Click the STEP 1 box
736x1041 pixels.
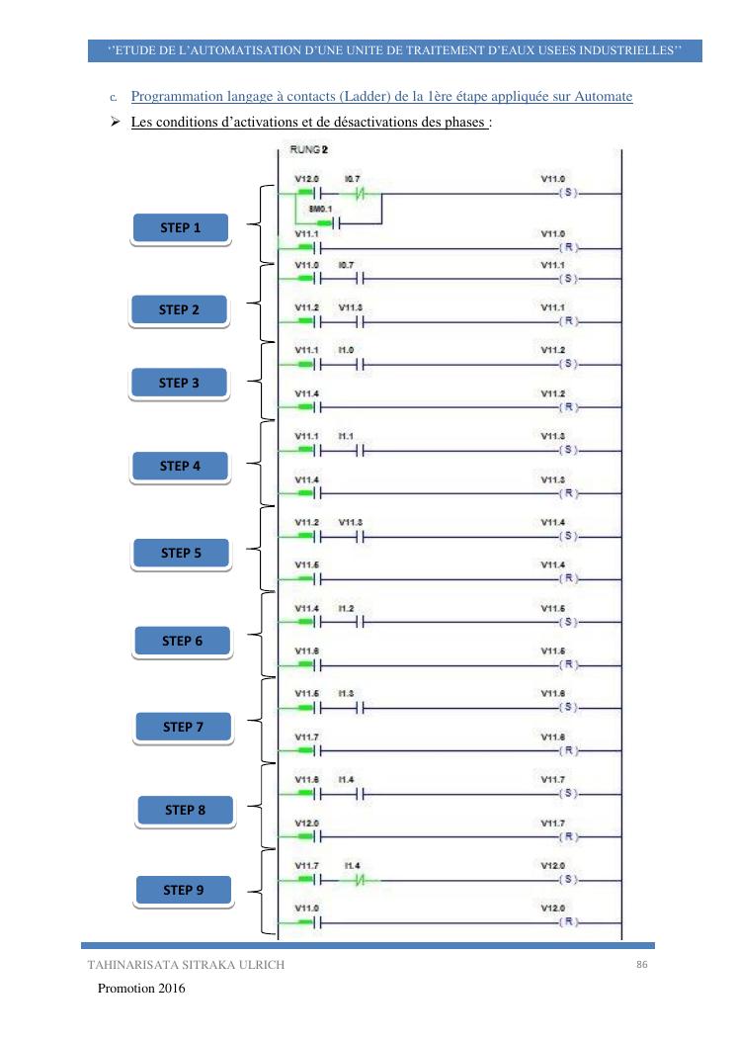point(180,228)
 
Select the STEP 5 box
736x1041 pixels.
point(182,554)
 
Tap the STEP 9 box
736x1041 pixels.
point(182,891)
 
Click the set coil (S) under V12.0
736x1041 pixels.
point(568,879)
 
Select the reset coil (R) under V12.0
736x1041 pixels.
point(568,921)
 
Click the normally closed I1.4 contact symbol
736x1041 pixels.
point(353,879)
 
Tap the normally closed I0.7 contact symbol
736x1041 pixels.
point(353,192)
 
